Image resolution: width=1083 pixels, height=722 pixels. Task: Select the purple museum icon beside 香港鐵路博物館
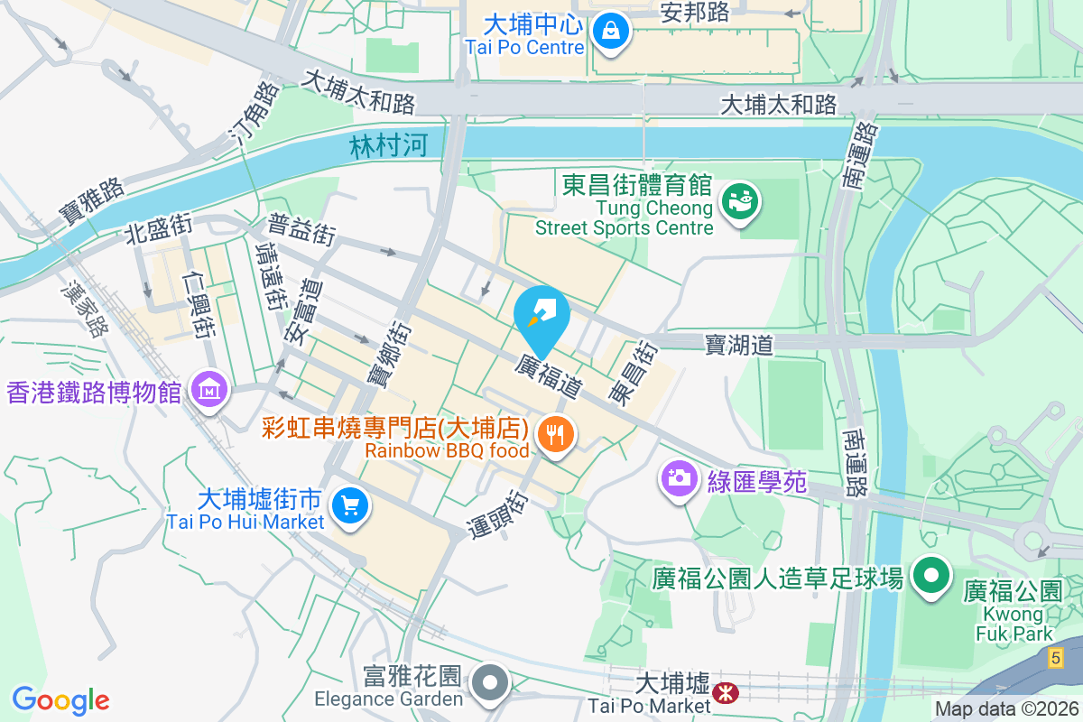tap(209, 391)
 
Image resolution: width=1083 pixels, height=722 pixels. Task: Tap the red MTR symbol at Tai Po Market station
tap(724, 692)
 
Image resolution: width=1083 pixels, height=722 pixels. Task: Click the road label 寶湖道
tap(739, 344)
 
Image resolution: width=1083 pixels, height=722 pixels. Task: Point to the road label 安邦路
tap(696, 13)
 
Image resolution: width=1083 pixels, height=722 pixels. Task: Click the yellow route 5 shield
tap(1055, 660)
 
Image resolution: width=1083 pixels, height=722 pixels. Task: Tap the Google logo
tap(60, 700)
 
